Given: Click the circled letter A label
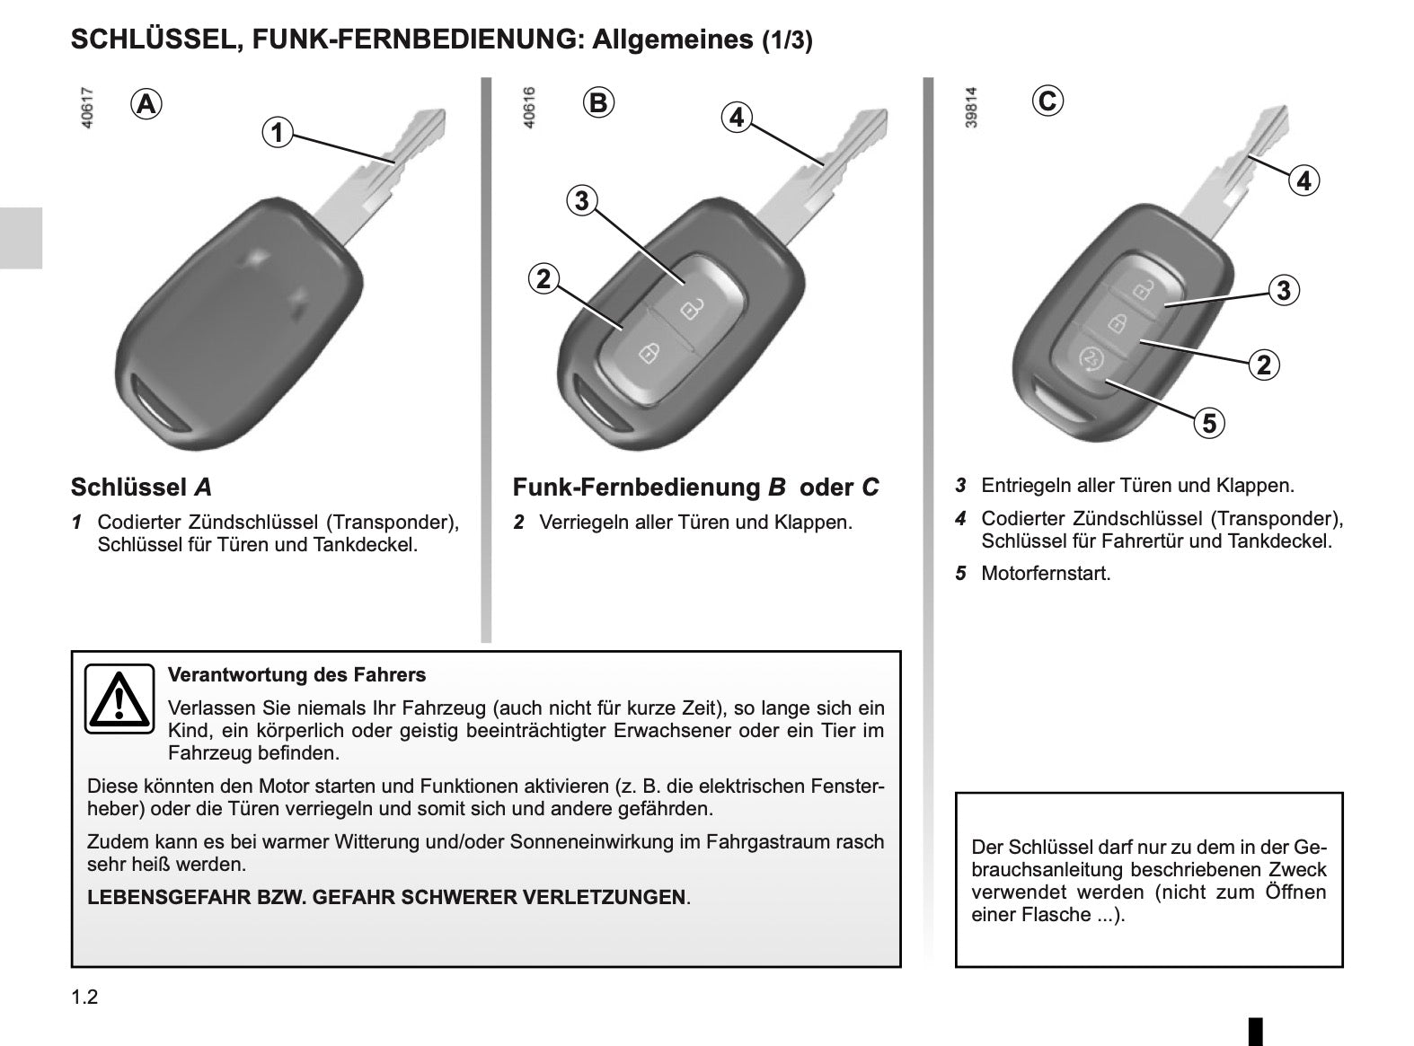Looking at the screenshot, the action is click(x=146, y=104).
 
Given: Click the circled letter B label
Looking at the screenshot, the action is click(x=598, y=102).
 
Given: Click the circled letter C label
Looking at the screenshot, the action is click(x=1047, y=101).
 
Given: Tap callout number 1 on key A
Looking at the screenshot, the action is click(x=278, y=133).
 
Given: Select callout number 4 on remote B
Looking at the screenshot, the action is click(x=737, y=118).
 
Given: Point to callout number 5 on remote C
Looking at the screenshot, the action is click(x=1209, y=423).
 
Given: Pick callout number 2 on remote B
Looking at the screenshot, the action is click(x=544, y=278).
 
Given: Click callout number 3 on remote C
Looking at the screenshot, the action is click(x=1284, y=290).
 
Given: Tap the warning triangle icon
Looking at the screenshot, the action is click(x=119, y=699).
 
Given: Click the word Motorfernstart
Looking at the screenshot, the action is click(x=1046, y=573).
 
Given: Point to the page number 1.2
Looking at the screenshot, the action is click(x=84, y=997).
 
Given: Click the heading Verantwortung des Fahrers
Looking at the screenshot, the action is click(x=296, y=674).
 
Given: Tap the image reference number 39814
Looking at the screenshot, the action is click(x=971, y=108).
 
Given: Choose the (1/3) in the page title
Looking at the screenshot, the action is click(x=787, y=40).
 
